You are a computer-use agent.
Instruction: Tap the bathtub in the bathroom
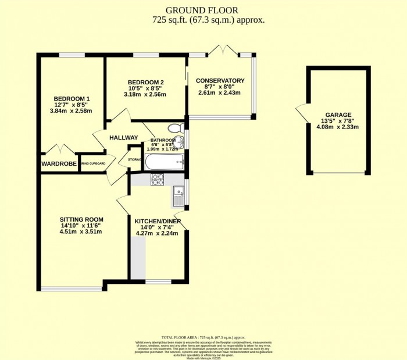point(164,161)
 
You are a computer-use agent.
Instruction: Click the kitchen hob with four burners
point(158,180)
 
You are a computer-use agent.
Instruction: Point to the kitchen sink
point(178,196)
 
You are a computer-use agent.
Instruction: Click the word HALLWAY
point(123,138)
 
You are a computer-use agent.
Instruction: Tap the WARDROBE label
point(59,164)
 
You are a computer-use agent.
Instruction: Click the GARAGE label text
point(338,115)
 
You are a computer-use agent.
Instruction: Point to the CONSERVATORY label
point(220,80)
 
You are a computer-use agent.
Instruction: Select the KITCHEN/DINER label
point(156,222)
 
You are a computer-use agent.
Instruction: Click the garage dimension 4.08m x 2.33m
point(338,127)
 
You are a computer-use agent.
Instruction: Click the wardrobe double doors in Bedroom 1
point(59,150)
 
